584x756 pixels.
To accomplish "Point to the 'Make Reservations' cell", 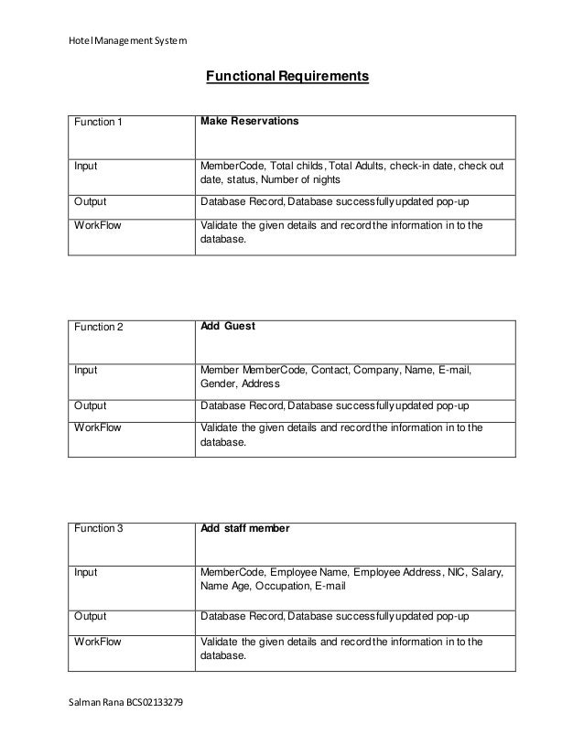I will pyautogui.click(x=249, y=121).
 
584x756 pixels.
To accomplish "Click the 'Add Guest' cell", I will pyautogui.click(x=227, y=326).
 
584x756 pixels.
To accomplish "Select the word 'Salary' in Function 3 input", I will pyautogui.click(x=485, y=572).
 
